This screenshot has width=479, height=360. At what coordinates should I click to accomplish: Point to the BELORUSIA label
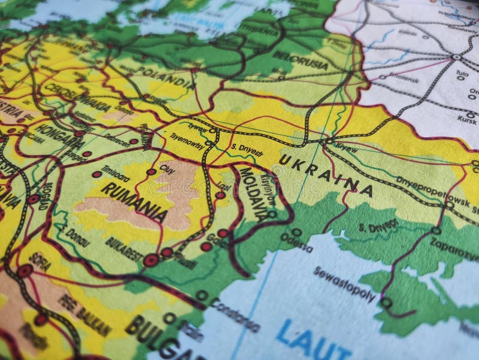tap(300, 60)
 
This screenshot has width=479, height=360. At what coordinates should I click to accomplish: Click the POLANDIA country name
tap(165, 77)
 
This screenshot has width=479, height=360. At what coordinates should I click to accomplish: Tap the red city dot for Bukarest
tap(151, 261)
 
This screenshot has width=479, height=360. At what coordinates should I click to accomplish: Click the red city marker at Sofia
tap(25, 271)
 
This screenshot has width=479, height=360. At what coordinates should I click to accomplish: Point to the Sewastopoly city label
tap(344, 285)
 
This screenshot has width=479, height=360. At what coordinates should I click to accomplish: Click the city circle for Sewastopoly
tap(386, 302)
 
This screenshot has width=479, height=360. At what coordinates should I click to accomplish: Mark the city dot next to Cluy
tap(151, 172)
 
